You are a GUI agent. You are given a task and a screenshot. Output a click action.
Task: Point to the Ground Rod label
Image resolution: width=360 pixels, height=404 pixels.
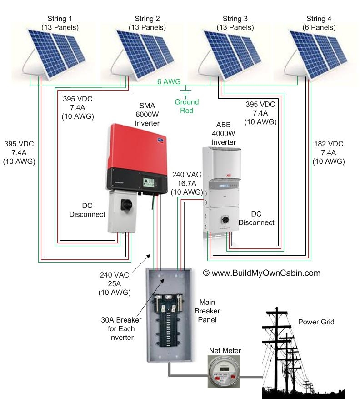[186, 106]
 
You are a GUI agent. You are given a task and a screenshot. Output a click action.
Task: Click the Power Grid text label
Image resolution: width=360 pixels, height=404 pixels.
[316, 322]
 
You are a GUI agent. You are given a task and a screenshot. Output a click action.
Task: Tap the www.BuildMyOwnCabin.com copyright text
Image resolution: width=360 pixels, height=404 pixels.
[261, 273]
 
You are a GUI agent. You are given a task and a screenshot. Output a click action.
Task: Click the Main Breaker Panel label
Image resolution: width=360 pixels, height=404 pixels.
[207, 311]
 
